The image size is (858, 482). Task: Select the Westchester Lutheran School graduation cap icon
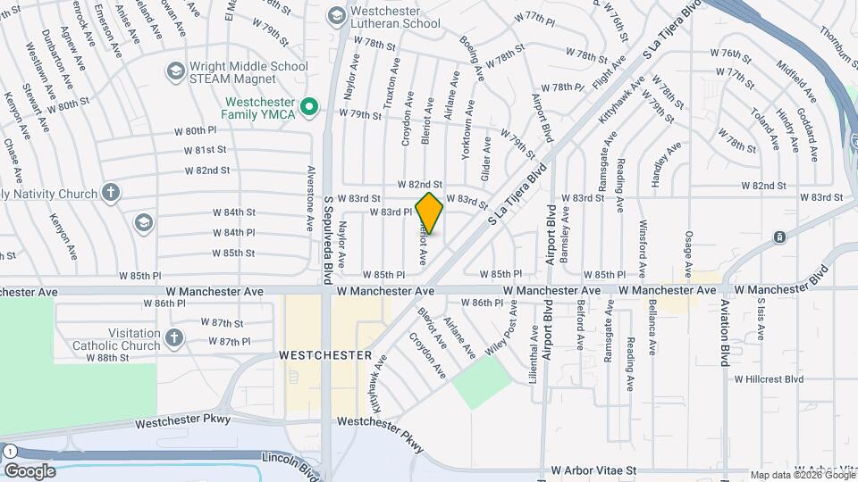click(x=336, y=15)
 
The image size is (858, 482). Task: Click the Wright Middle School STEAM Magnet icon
click(x=175, y=71)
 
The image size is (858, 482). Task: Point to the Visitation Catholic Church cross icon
click(x=173, y=338)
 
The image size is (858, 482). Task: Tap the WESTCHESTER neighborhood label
click(x=325, y=355)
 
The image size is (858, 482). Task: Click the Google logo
click(x=29, y=470)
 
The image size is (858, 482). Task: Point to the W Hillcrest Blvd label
click(x=769, y=378)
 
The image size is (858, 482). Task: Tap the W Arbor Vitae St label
click(x=593, y=470)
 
